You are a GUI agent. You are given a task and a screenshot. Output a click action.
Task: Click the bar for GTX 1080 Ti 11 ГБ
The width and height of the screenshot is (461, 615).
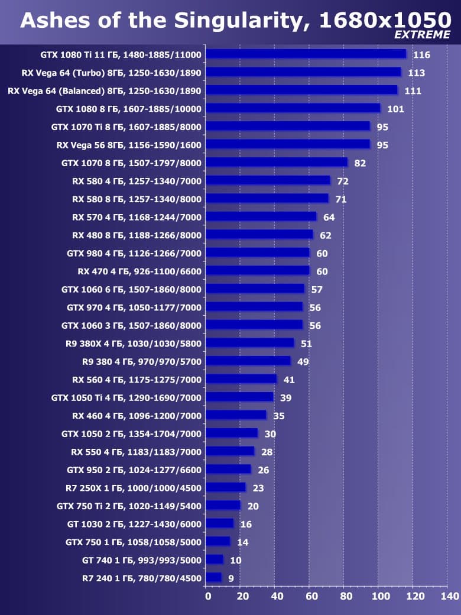click(306, 54)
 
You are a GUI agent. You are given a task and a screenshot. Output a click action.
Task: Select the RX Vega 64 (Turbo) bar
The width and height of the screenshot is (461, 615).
click(304, 73)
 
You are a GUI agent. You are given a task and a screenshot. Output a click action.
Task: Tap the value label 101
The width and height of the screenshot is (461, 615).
click(395, 109)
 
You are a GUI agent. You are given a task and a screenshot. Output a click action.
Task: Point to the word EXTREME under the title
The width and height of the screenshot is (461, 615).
click(422, 35)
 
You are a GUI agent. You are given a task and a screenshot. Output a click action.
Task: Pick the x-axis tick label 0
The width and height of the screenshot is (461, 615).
click(207, 596)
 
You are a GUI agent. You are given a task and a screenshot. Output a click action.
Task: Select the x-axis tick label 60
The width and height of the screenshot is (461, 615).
click(311, 596)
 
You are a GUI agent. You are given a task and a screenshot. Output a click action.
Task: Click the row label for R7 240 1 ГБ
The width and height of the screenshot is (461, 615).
click(142, 578)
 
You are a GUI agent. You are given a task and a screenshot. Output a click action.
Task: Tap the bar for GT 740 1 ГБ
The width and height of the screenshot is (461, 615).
click(215, 560)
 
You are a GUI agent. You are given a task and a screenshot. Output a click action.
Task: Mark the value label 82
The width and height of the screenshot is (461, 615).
click(360, 163)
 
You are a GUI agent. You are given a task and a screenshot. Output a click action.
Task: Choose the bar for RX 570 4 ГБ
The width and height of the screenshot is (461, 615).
click(261, 217)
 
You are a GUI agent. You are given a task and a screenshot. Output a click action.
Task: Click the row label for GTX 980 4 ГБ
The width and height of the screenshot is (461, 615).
click(134, 253)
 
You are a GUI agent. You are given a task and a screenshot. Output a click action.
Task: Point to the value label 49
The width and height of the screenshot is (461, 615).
click(303, 362)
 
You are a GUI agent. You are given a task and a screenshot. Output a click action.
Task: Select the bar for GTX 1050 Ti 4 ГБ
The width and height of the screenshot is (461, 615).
click(240, 397)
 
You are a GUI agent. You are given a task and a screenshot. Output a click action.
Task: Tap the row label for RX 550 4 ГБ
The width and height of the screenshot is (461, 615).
click(137, 452)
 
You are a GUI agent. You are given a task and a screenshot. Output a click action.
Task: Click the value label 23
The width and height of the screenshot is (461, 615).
click(258, 488)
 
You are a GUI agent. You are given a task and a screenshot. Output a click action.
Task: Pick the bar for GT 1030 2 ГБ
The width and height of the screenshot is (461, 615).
click(220, 524)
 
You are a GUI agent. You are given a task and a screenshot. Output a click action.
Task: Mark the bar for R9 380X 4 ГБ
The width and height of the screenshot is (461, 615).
click(251, 344)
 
